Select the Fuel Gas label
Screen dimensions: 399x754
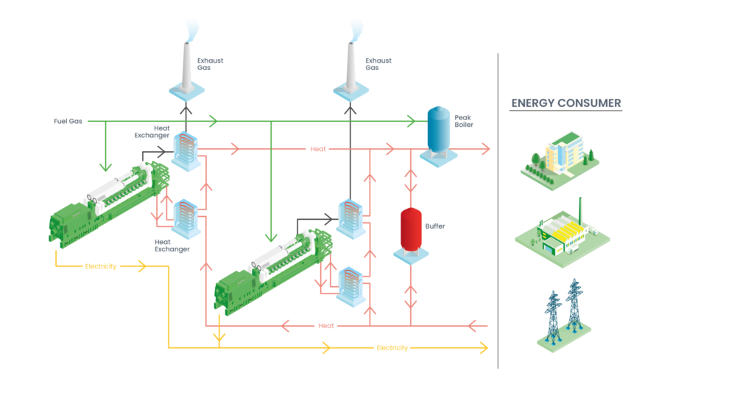[x=66, y=120]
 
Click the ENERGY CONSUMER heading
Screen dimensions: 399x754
[x=566, y=103]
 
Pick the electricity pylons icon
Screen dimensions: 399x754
[x=563, y=313]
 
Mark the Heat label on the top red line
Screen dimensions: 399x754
[x=318, y=150]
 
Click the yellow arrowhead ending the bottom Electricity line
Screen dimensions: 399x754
[x=485, y=347]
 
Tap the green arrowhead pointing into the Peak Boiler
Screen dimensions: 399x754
[x=412, y=120]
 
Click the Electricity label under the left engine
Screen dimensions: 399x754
[x=101, y=266]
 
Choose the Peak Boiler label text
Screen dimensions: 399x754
[x=463, y=120]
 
